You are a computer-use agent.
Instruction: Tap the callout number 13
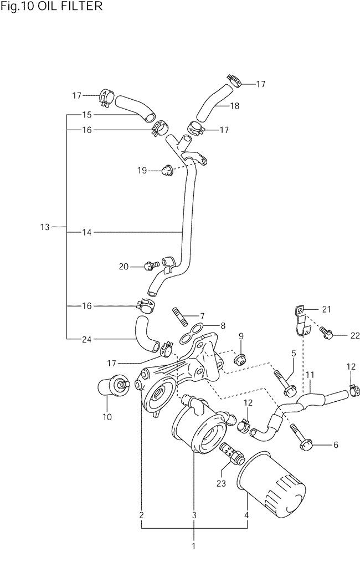45,227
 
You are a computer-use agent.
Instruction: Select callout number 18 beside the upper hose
235,106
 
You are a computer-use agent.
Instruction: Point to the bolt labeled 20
152,265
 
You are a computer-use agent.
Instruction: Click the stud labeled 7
181,316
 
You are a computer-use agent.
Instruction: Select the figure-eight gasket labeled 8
192,332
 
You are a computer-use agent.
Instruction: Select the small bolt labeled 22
327,332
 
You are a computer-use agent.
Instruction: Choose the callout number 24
87,339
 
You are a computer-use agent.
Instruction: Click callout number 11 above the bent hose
310,375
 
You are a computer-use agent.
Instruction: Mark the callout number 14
87,232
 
